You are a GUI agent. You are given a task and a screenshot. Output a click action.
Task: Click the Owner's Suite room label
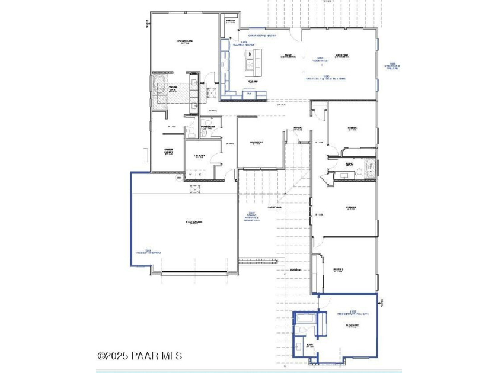click(185, 41)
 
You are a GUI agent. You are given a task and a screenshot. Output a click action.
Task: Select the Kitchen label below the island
click(251, 81)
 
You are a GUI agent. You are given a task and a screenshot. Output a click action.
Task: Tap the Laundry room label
click(199, 157)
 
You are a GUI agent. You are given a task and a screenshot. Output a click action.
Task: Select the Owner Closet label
click(168, 151)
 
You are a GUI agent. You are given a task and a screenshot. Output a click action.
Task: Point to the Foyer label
click(297, 128)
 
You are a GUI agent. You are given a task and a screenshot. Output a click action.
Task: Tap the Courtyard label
click(274, 207)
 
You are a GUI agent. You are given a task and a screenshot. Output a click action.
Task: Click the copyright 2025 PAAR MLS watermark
click(140, 356)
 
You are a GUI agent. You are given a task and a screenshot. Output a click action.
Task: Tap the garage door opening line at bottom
click(194, 273)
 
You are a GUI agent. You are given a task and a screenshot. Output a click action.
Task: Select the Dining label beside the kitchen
click(289, 56)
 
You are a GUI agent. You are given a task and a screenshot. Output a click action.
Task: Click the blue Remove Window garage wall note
click(250, 218)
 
